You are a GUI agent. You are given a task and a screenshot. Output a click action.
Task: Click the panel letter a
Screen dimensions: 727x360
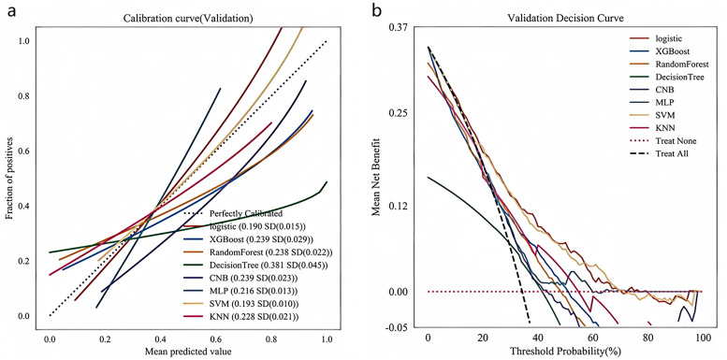(12, 11)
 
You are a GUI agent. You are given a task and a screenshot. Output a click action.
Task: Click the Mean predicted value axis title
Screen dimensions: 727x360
(188, 353)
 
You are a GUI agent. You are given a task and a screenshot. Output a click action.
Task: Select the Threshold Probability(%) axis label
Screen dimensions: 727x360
(566, 351)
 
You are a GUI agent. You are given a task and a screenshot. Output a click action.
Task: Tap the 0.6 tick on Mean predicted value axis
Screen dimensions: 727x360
(271, 338)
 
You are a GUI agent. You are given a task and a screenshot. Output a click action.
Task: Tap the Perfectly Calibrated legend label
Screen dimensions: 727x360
(233, 214)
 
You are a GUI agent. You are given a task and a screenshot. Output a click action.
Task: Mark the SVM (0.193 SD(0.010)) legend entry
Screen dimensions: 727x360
(240, 304)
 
